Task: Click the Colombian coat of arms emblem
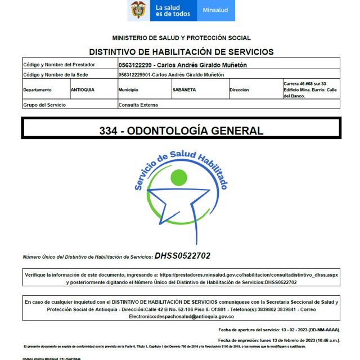(x=138, y=10)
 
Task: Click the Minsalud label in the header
(x=215, y=11)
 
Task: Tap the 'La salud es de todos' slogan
(x=173, y=11)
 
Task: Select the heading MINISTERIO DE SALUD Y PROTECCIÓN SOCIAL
(x=181, y=38)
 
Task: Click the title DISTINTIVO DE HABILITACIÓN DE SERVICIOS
(x=181, y=52)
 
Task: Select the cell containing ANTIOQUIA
(x=83, y=89)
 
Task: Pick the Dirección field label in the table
(x=239, y=89)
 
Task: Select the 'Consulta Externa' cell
(x=138, y=105)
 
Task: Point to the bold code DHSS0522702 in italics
(x=182, y=256)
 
